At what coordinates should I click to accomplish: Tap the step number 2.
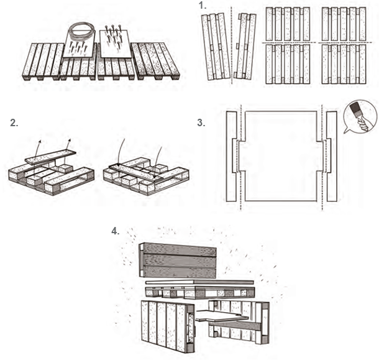click(14, 122)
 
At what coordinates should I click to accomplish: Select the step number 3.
click(201, 122)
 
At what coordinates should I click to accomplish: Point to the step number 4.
click(115, 231)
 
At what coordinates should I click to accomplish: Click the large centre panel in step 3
click(281, 155)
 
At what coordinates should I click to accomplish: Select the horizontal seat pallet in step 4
click(199, 291)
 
